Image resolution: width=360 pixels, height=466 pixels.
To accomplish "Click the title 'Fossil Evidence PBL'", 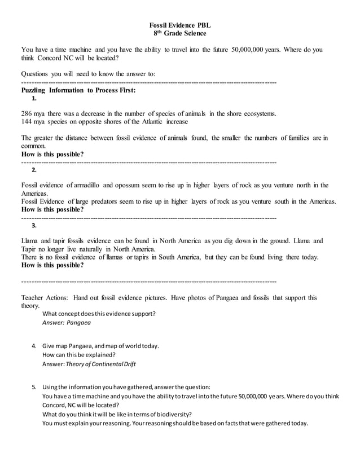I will point(180,25).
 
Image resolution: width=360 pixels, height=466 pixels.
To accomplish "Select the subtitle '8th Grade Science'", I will point(180,34).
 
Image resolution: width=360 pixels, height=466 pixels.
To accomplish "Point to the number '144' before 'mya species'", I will point(28,122).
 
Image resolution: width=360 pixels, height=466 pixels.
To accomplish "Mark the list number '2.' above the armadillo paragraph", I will point(34,170).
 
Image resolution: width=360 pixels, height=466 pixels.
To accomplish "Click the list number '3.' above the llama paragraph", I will point(34,226).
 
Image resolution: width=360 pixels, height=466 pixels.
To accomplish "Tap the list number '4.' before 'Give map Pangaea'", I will point(34,346).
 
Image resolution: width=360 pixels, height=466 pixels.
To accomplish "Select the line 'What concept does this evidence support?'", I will point(99,314).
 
